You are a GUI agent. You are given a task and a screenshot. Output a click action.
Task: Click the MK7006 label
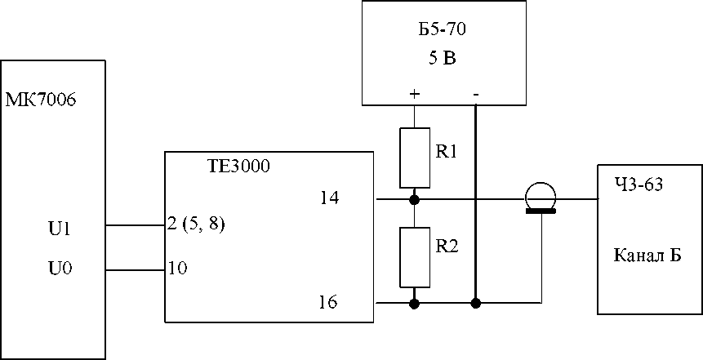(x=40, y=99)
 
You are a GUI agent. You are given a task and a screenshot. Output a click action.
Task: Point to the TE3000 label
(x=236, y=167)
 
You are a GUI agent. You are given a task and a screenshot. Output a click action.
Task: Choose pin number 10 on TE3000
(x=177, y=269)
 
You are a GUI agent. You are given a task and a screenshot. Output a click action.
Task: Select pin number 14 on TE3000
(x=329, y=198)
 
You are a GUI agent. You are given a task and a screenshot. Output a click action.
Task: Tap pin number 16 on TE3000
(x=329, y=303)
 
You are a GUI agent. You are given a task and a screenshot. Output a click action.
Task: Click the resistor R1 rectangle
(x=414, y=158)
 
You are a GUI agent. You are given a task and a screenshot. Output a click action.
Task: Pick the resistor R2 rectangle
(x=414, y=257)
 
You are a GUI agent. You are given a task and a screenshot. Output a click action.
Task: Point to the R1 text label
(x=446, y=153)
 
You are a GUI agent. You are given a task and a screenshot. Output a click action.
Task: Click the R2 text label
(x=447, y=247)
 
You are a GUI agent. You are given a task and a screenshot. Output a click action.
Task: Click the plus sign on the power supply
(x=414, y=94)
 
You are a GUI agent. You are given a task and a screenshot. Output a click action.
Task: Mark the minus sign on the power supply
(x=476, y=94)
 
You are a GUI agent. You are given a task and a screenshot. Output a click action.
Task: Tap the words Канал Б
(x=647, y=256)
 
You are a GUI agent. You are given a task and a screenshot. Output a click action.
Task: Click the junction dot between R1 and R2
(x=414, y=198)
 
